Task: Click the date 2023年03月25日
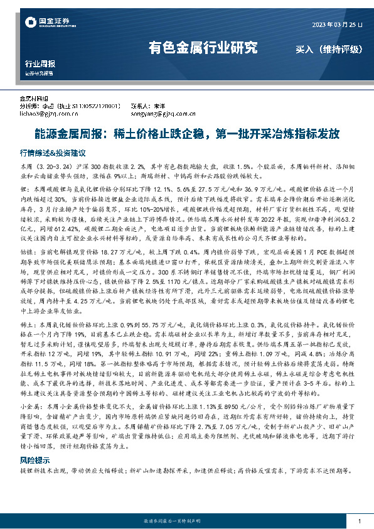(x=338, y=24)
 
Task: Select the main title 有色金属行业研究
(x=202, y=47)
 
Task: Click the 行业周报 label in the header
(x=40, y=64)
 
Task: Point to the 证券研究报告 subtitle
(x=40, y=73)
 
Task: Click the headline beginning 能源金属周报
(x=187, y=133)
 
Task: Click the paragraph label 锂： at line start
(x=24, y=188)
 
